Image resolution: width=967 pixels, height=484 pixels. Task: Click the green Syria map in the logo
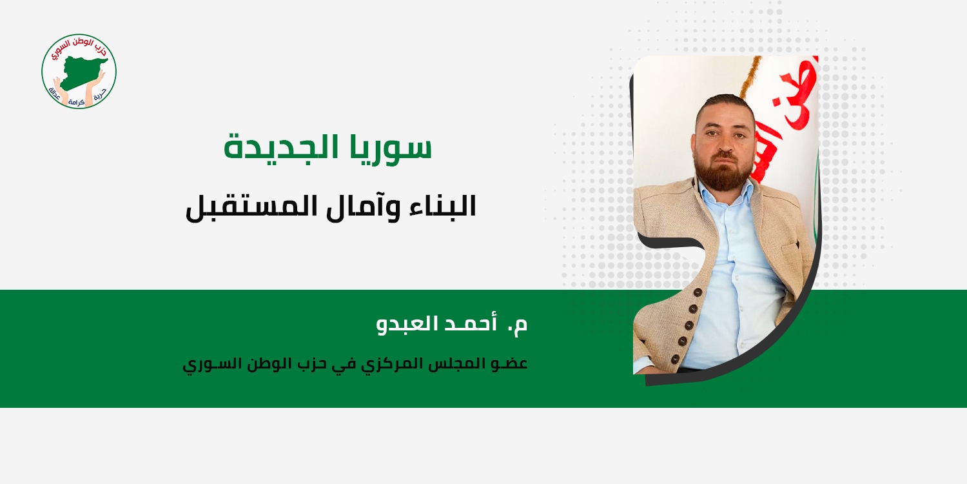(82, 70)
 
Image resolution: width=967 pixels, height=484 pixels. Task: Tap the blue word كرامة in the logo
(77, 103)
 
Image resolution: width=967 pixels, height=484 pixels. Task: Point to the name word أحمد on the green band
(460, 324)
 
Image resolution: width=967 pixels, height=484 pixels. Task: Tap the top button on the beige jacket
(698, 292)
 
